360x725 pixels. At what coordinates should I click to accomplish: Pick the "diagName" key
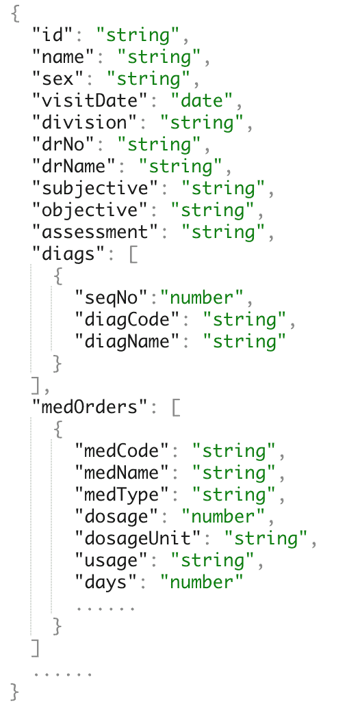click(128, 342)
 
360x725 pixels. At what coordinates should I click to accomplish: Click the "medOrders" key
click(91, 408)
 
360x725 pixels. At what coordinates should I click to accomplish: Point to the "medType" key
click(123, 495)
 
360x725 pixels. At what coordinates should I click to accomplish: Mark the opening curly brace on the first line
click(15, 14)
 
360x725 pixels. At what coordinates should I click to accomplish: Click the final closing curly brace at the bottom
click(15, 692)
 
